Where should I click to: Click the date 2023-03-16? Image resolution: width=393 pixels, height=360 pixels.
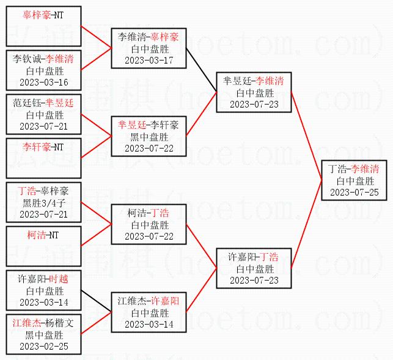(43, 82)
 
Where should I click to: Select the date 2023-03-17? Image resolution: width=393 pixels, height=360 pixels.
(149, 60)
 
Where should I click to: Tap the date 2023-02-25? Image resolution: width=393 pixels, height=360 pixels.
(43, 346)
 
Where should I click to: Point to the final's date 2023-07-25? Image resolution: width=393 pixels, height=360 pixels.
(354, 192)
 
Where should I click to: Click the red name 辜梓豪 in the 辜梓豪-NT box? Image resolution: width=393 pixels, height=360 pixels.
(36, 15)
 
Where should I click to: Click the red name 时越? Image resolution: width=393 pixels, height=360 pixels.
(59, 279)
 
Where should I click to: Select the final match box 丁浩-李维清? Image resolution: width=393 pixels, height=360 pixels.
(354, 180)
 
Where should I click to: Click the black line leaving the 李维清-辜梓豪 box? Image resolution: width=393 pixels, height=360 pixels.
(201, 70)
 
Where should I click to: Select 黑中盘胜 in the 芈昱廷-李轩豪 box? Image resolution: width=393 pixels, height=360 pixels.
(149, 137)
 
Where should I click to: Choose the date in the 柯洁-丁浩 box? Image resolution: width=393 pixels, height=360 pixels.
(149, 236)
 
